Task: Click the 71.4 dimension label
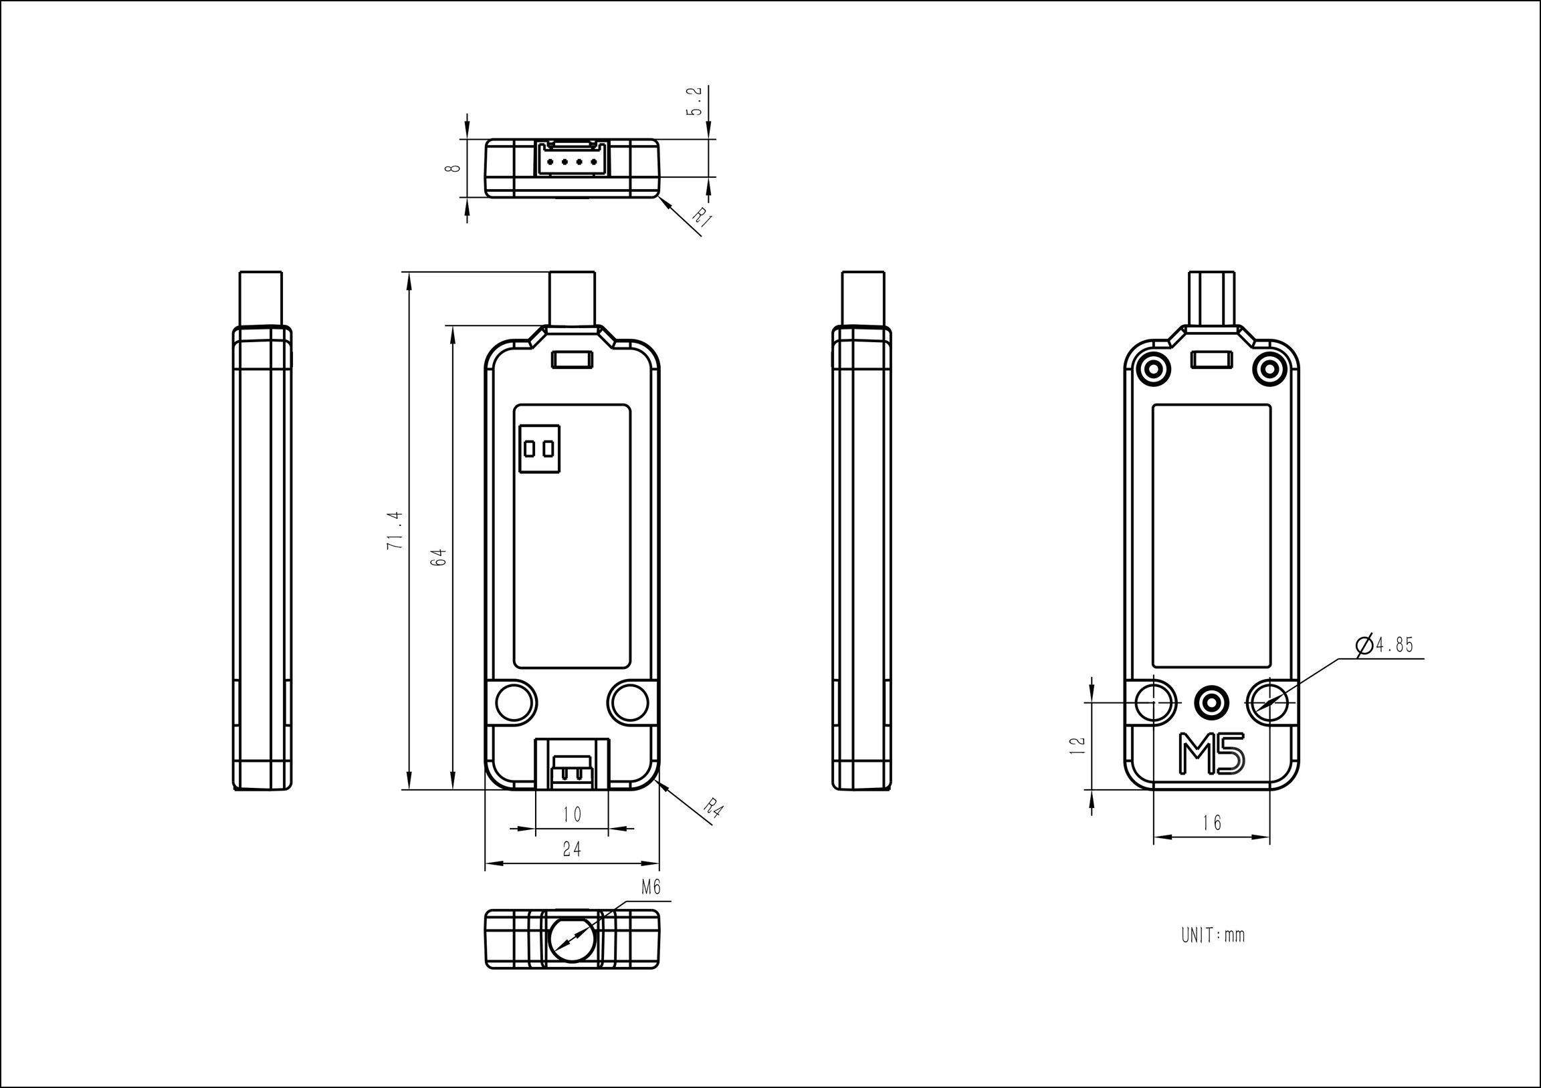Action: click(395, 531)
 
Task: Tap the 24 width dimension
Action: click(572, 850)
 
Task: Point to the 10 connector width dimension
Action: click(572, 815)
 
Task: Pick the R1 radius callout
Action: click(702, 218)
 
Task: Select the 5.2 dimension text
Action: click(695, 101)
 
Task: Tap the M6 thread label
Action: click(651, 888)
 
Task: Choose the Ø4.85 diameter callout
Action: click(1384, 646)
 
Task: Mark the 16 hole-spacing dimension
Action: click(1212, 823)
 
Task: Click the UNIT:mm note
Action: click(1213, 935)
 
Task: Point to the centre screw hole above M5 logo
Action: click(1212, 702)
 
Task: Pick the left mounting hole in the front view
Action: click(516, 702)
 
